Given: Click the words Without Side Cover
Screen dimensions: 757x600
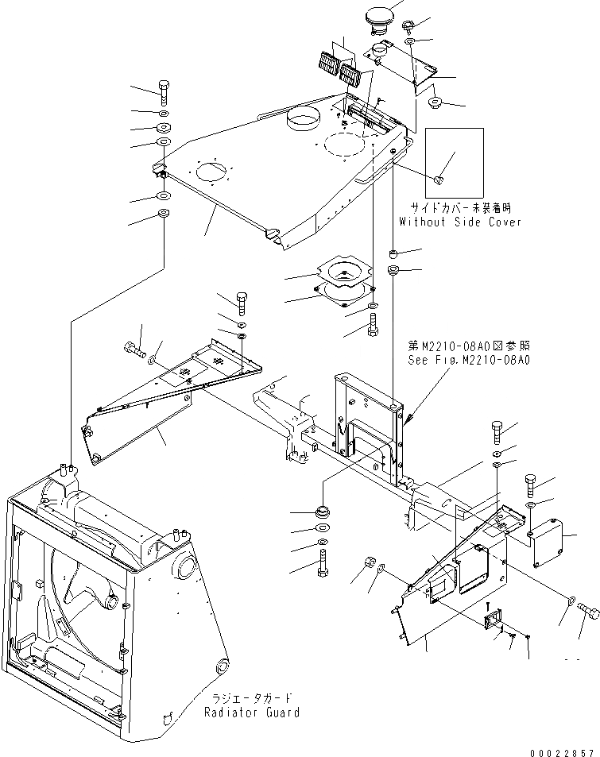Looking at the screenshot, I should pos(460,222).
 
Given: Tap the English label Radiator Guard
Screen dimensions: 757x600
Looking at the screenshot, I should pos(251,713).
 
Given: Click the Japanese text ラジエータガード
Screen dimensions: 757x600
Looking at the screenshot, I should pos(251,698).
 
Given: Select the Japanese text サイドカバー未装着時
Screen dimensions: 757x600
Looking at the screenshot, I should pos(460,208).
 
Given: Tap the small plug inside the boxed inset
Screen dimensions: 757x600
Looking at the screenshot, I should pos(439,180).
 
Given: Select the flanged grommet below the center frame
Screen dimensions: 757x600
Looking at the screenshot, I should pos(323,509).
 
